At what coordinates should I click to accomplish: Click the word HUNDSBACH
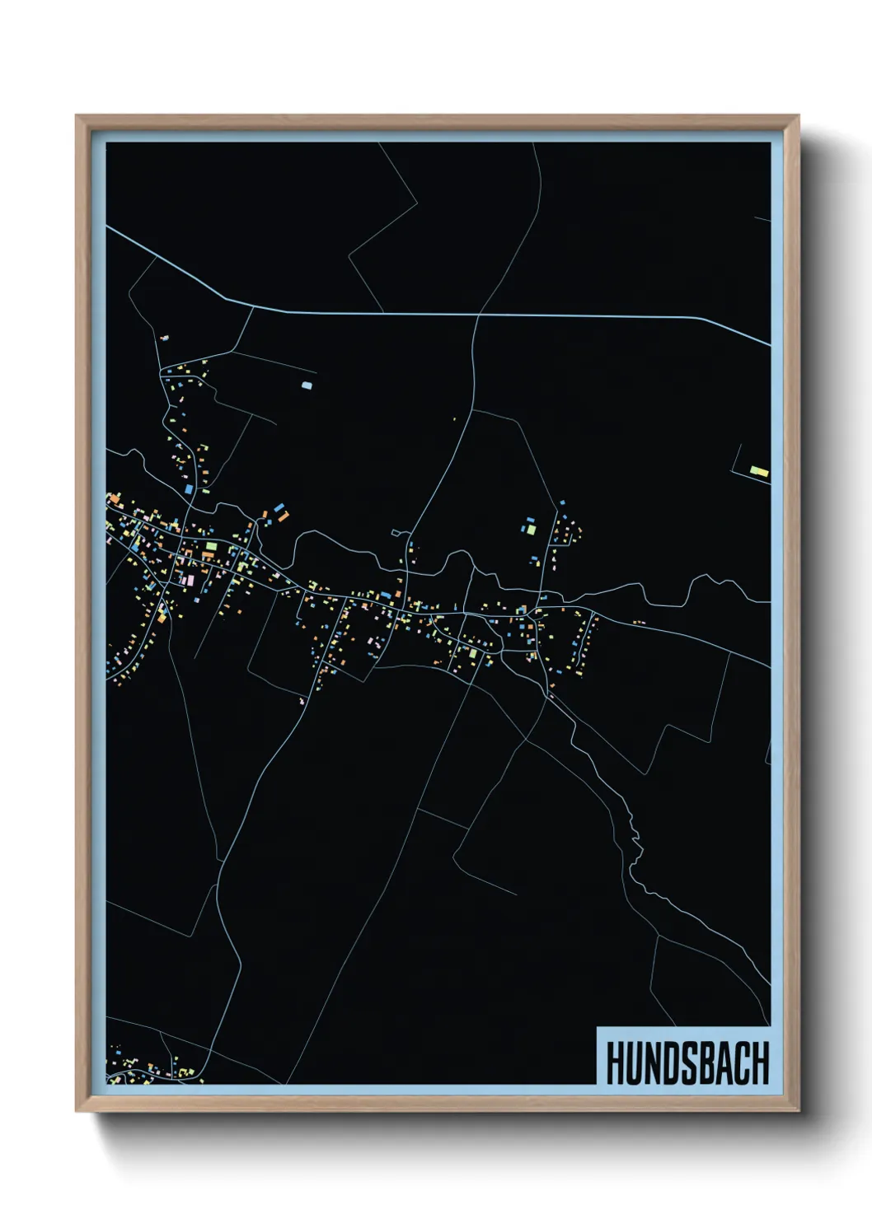687,1063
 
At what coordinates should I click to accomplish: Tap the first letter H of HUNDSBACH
616,1063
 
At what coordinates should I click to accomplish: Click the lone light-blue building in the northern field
307,385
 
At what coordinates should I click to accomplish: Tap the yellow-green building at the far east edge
758,471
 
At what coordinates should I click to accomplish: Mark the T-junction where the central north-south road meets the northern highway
478,315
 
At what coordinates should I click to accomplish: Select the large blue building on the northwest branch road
188,489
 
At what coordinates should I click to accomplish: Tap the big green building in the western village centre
211,545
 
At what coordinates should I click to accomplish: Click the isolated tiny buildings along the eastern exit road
638,623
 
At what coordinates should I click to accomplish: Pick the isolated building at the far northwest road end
164,338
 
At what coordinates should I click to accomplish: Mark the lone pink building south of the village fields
302,701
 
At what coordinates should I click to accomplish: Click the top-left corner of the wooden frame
77,117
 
